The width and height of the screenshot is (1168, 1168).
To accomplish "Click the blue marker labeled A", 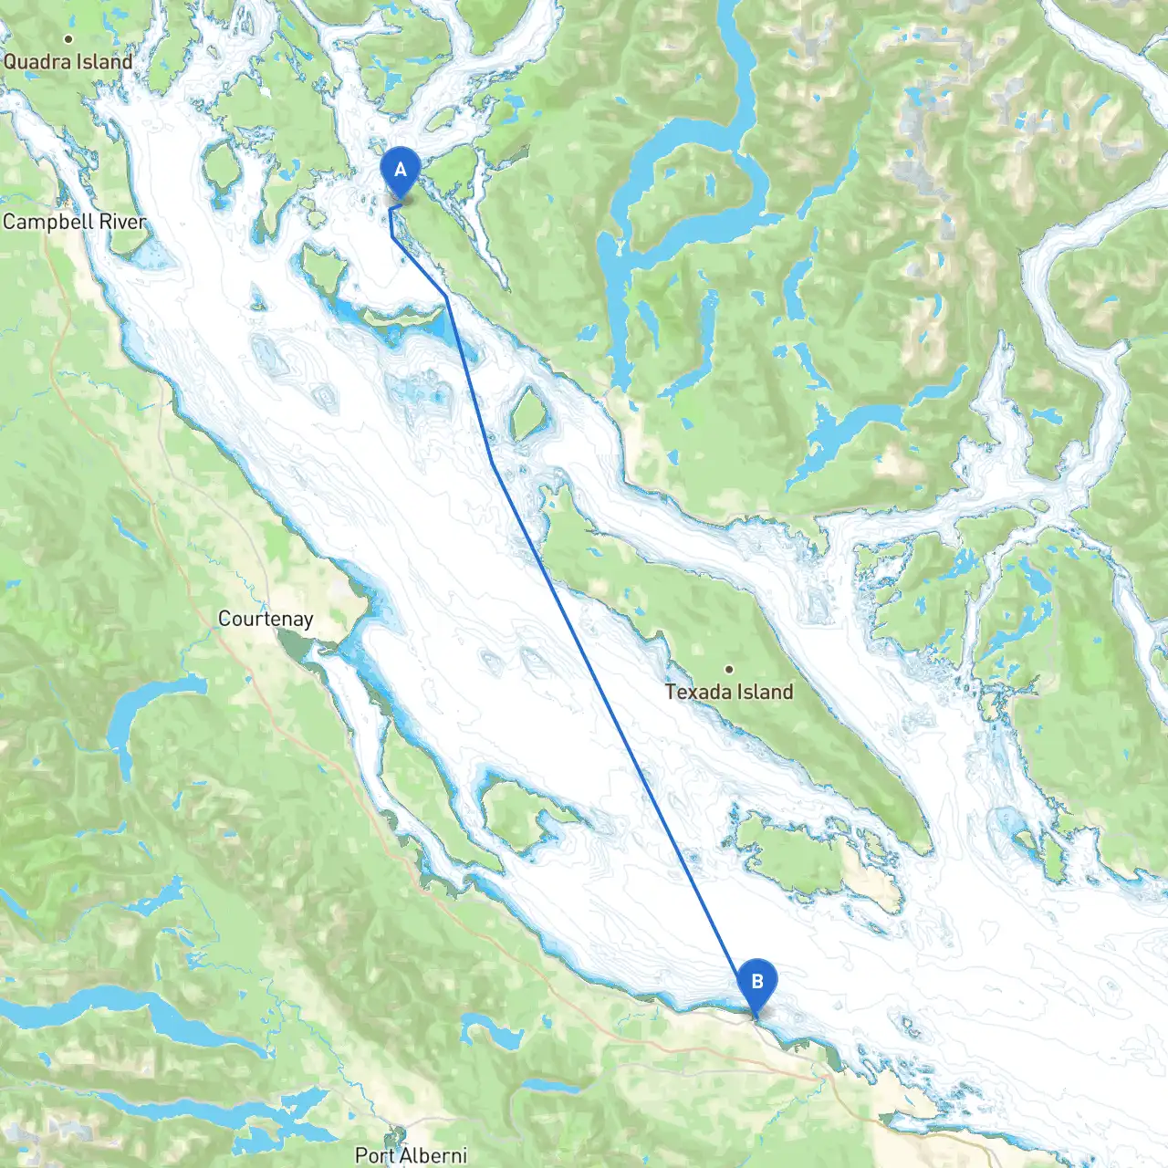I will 400,172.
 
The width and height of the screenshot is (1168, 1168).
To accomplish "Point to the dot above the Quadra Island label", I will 68,39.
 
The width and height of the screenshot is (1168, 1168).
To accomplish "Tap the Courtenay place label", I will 266,619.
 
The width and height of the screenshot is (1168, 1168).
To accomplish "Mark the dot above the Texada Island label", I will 728,669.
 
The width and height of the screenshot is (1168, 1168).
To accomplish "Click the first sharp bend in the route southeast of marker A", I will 446,297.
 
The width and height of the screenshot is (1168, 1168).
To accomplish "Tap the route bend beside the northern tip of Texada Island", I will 494,464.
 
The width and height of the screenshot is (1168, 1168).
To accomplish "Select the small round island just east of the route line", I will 527,412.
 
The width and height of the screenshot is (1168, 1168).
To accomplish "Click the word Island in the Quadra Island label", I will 104,62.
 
